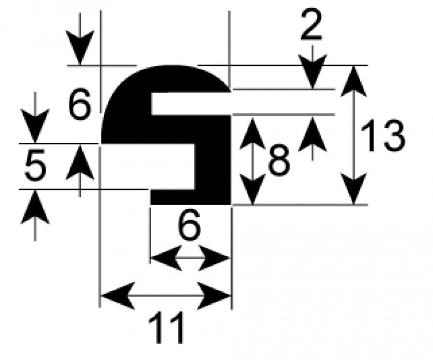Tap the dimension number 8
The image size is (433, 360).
pyautogui.click(x=279, y=160)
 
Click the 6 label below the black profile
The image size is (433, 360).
pyautogui.click(x=189, y=224)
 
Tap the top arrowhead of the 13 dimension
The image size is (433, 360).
pyautogui.click(x=354, y=81)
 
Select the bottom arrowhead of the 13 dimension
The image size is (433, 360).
pyautogui.click(x=354, y=189)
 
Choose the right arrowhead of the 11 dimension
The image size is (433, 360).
pyautogui.click(x=214, y=296)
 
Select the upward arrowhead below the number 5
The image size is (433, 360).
pyautogui.click(x=35, y=207)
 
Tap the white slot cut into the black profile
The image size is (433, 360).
pyautogui.click(x=191, y=103)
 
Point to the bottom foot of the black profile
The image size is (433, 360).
pyautogui.click(x=191, y=197)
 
